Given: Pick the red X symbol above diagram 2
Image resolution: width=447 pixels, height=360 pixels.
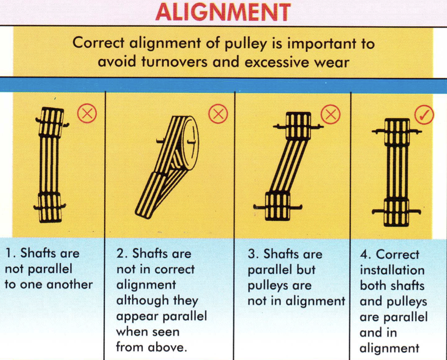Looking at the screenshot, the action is click(217, 114).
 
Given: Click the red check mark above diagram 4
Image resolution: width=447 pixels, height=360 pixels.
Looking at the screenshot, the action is click(424, 115).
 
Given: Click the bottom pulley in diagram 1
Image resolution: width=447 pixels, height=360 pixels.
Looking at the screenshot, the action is click(50, 207).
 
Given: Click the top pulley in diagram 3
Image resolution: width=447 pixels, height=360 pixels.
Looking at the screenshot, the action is click(298, 125).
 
